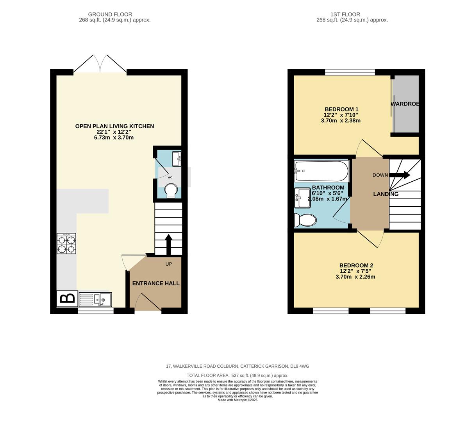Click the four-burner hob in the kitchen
[x=66, y=243]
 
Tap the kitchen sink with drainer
[x=95, y=300]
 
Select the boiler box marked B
[x=67, y=299]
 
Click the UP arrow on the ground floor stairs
[x=168, y=244]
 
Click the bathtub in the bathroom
[x=321, y=171]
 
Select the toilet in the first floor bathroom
[x=305, y=220]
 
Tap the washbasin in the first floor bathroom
[x=302, y=198]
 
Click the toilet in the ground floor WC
[x=171, y=191]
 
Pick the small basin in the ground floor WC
[x=177, y=159]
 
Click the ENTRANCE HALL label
[x=156, y=283]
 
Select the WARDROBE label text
[x=405, y=104]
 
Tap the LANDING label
[x=386, y=194]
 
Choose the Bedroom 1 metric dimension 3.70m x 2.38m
[x=340, y=121]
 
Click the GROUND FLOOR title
[x=110, y=14]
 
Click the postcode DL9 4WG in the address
[x=299, y=366]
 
